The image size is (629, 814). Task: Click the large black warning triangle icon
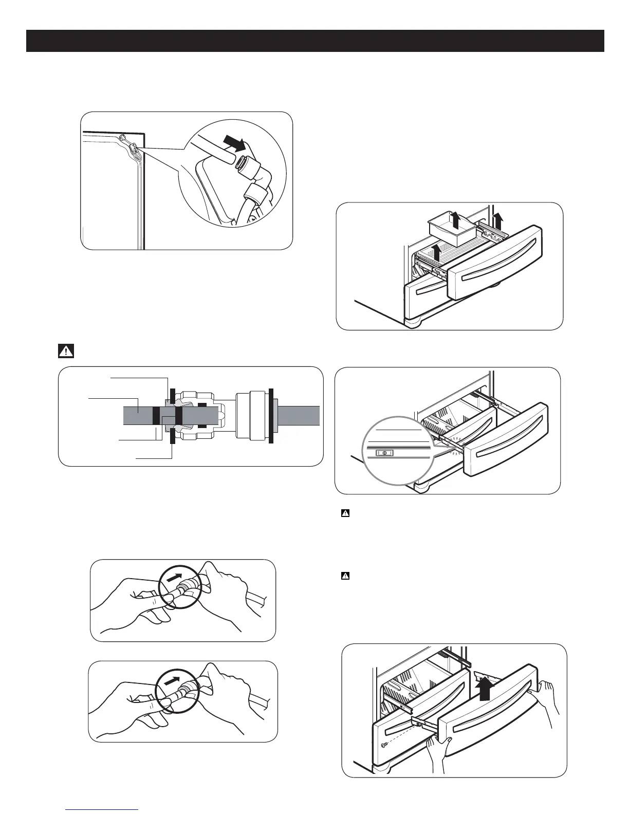tap(66, 351)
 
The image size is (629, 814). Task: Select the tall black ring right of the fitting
tap(271, 415)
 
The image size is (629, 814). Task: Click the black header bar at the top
tap(315, 41)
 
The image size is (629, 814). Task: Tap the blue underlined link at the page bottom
tap(102, 810)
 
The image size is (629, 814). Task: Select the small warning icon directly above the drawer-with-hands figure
tap(345, 576)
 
